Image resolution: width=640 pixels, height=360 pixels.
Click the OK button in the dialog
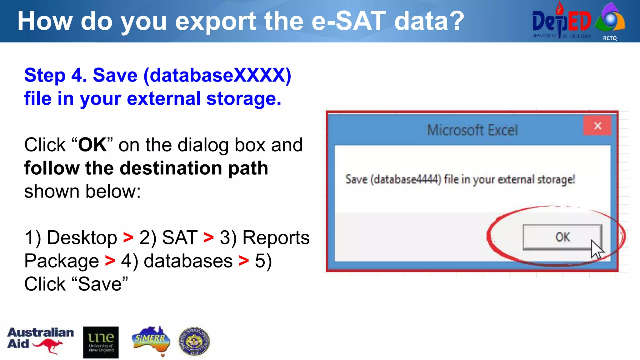562,237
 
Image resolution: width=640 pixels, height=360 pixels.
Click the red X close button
597,126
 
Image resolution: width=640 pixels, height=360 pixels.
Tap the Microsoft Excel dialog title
472,130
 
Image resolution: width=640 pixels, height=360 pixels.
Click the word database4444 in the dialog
406,180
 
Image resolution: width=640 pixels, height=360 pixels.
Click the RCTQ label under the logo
610,38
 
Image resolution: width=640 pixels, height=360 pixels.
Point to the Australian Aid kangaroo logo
40,340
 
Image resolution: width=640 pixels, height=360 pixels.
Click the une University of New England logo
101,342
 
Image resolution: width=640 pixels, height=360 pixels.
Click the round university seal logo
194,341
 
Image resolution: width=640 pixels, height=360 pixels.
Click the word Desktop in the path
82,237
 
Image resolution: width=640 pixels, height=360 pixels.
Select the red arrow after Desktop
128,237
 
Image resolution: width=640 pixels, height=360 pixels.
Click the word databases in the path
188,261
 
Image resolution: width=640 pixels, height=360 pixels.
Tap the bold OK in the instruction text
92,145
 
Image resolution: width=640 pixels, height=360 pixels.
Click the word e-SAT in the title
349,21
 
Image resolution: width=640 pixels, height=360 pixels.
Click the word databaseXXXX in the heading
217,75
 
